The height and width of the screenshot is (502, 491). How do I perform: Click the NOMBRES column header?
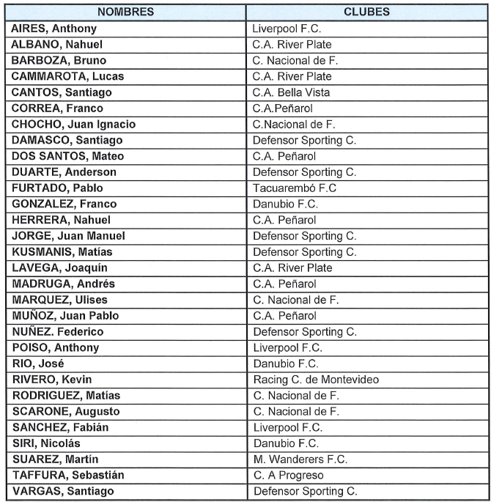(x=125, y=12)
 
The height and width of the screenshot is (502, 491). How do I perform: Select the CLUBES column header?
(x=366, y=12)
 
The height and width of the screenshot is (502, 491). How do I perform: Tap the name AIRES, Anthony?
(x=54, y=29)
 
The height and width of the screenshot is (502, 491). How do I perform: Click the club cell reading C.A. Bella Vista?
(x=291, y=92)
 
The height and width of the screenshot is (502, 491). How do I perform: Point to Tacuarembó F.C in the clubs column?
(x=295, y=188)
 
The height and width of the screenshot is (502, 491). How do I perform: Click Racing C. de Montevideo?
(x=315, y=380)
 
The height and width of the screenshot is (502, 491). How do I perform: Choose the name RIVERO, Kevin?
(x=53, y=380)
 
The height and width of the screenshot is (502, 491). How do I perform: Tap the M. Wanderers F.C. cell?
(x=300, y=459)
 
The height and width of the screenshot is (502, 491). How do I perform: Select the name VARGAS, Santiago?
(x=63, y=491)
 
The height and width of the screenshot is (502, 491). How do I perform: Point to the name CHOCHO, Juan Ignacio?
(x=74, y=125)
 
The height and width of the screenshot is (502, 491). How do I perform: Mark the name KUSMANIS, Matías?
(x=62, y=252)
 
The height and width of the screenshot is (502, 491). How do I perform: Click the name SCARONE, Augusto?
(x=66, y=412)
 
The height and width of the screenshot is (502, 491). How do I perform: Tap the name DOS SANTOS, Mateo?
(x=68, y=156)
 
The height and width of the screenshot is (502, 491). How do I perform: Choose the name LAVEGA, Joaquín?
(x=62, y=268)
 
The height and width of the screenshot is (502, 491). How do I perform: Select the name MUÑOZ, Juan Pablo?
(x=64, y=316)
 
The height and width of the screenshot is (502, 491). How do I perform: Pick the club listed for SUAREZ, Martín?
(x=300, y=459)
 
